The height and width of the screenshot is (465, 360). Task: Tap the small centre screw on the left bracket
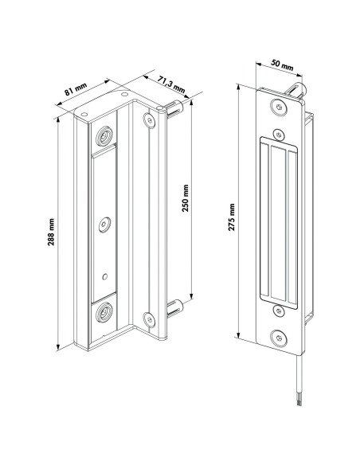pos(103,226)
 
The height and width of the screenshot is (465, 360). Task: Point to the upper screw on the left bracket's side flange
pos(147,121)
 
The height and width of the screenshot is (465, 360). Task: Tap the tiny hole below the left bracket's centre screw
pos(103,276)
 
